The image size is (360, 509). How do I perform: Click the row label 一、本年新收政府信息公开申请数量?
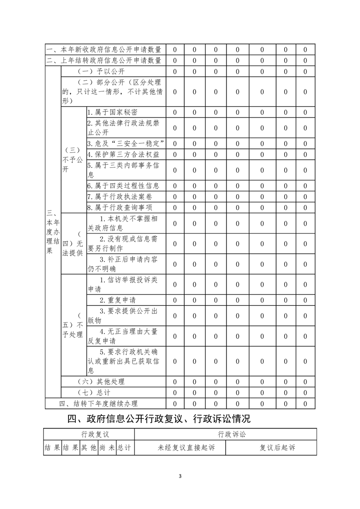click(104, 49)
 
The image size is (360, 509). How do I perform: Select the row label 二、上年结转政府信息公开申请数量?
click(104, 60)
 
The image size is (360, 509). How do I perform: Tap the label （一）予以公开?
click(101, 71)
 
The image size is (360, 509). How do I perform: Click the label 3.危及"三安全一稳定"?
click(125, 143)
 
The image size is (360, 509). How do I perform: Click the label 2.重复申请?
click(118, 300)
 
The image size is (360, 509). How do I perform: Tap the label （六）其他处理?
click(101, 382)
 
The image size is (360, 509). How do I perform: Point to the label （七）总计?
click(94, 392)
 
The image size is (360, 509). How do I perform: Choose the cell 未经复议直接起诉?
click(186, 448)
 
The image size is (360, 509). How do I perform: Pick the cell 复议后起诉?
click(277, 448)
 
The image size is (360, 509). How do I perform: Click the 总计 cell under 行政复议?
click(124, 448)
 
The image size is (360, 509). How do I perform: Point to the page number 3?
click(180, 476)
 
